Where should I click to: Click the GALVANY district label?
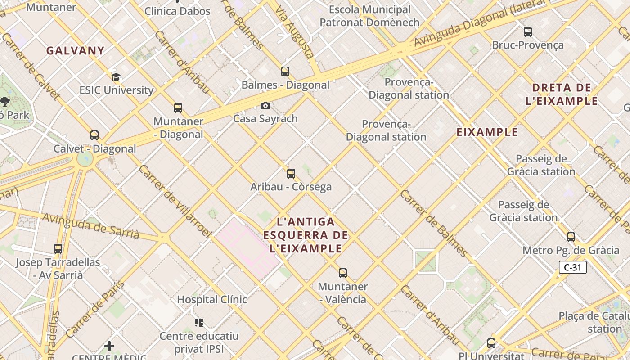[x=75, y=51]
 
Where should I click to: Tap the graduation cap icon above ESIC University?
[x=116, y=77]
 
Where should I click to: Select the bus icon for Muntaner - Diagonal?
[x=178, y=108]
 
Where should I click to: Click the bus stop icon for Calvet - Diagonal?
[x=94, y=135]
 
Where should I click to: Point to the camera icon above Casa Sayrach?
[x=265, y=105]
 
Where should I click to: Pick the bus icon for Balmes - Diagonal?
[x=285, y=71]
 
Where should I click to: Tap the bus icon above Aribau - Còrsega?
[x=291, y=174]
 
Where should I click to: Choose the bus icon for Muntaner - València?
[x=343, y=273]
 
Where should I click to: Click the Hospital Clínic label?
[x=211, y=299]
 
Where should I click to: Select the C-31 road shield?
[x=573, y=267]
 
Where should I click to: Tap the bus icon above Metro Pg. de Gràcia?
[x=571, y=237]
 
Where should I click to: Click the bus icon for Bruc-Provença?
[x=528, y=32]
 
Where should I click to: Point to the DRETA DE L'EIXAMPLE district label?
[x=562, y=94]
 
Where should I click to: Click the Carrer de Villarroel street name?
[x=175, y=201]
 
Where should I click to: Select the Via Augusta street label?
[x=295, y=32]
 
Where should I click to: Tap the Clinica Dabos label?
[x=177, y=11]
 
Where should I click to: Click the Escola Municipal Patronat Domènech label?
[x=369, y=16]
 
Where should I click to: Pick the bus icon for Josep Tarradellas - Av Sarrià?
[x=58, y=249]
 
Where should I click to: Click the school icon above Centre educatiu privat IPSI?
[x=199, y=322]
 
